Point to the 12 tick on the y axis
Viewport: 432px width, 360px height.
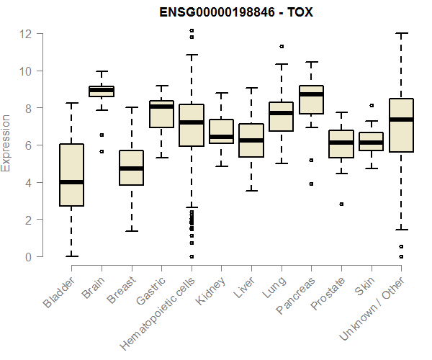pyautogui.click(x=27, y=34)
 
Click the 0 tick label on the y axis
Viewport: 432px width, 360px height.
pyautogui.click(x=27, y=256)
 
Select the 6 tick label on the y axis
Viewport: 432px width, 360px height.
pyautogui.click(x=27, y=145)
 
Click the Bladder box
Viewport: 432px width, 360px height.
pyautogui.click(x=71, y=175)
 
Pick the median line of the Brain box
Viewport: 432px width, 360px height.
pyautogui.click(x=101, y=90)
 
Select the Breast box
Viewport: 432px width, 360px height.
pyautogui.click(x=131, y=168)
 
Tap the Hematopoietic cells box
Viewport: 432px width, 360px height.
pyautogui.click(x=191, y=125)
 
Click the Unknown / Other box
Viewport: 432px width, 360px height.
pyautogui.click(x=400, y=125)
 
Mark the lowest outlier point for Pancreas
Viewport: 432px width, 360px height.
pyautogui.click(x=311, y=184)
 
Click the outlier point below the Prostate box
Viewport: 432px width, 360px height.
pyautogui.click(x=341, y=204)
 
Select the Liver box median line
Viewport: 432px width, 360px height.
pyautogui.click(x=251, y=140)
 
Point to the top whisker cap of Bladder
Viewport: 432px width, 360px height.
pyautogui.click(x=71, y=103)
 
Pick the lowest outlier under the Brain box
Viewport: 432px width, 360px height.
pyautogui.click(x=101, y=151)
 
